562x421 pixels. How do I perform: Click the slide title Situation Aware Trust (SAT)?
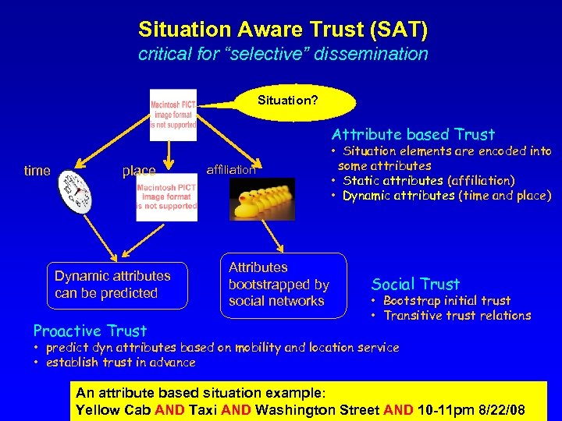click(283, 30)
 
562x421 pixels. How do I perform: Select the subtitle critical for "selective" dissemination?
click(283, 54)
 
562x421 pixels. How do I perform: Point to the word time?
click(37, 171)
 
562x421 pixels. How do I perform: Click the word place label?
click(138, 171)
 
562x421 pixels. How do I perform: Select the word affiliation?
click(230, 169)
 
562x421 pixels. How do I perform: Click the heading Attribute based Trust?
click(413, 134)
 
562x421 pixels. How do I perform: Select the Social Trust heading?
click(415, 284)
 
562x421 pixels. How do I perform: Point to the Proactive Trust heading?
click(90, 330)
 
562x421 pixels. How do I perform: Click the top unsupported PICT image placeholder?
click(173, 115)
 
